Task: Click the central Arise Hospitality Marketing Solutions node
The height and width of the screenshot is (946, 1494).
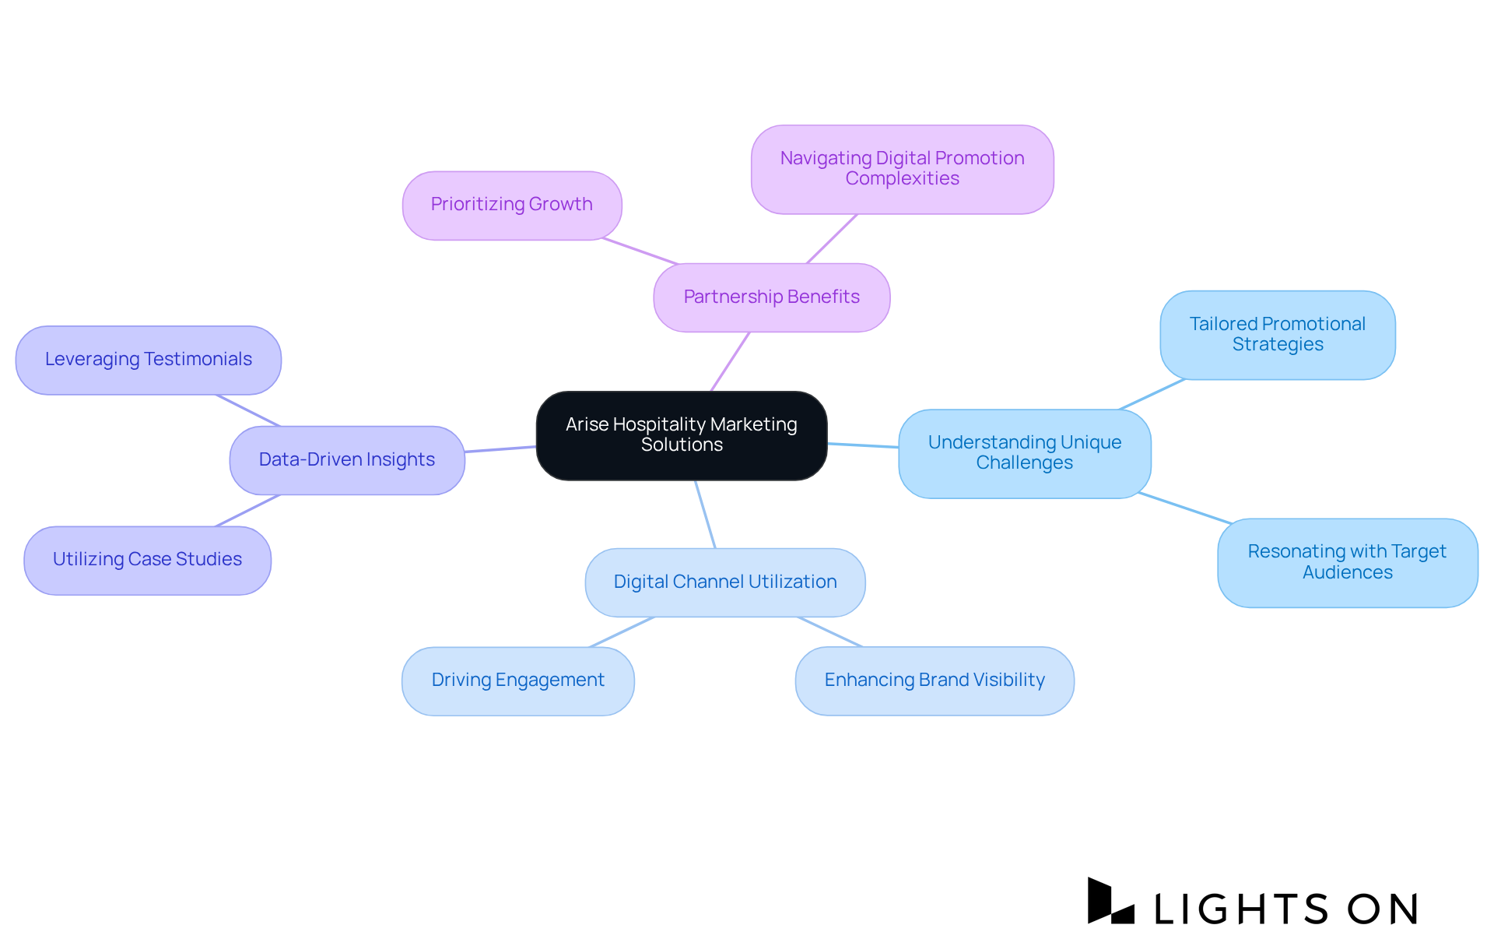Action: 682,435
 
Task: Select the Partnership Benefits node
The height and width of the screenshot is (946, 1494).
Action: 771,297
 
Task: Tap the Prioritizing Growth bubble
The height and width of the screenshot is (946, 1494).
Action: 512,206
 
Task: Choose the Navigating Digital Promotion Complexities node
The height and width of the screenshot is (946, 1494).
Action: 902,169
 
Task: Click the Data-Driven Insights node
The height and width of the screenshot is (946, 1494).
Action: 347,460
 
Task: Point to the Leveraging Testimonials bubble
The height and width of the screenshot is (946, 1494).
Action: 149,360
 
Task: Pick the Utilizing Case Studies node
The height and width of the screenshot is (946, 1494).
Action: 148,560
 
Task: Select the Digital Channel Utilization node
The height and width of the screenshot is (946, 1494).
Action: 725,582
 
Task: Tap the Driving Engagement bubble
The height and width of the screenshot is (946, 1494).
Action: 518,680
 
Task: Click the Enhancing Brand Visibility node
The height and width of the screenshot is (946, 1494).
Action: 935,680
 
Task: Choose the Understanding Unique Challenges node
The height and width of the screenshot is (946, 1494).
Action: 1024,453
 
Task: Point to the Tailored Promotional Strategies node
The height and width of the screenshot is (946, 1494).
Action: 1277,335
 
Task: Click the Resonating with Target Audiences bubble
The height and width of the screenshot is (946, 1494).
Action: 1347,562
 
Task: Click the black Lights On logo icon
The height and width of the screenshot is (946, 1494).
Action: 1110,902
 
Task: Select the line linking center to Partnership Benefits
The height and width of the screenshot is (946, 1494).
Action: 730,362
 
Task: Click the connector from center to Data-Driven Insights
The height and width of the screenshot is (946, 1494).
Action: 500,449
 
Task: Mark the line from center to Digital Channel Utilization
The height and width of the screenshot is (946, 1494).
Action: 705,515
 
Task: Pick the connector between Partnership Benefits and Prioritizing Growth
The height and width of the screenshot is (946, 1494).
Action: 640,251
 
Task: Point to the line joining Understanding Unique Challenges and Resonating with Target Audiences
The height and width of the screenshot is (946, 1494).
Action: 1184,508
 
